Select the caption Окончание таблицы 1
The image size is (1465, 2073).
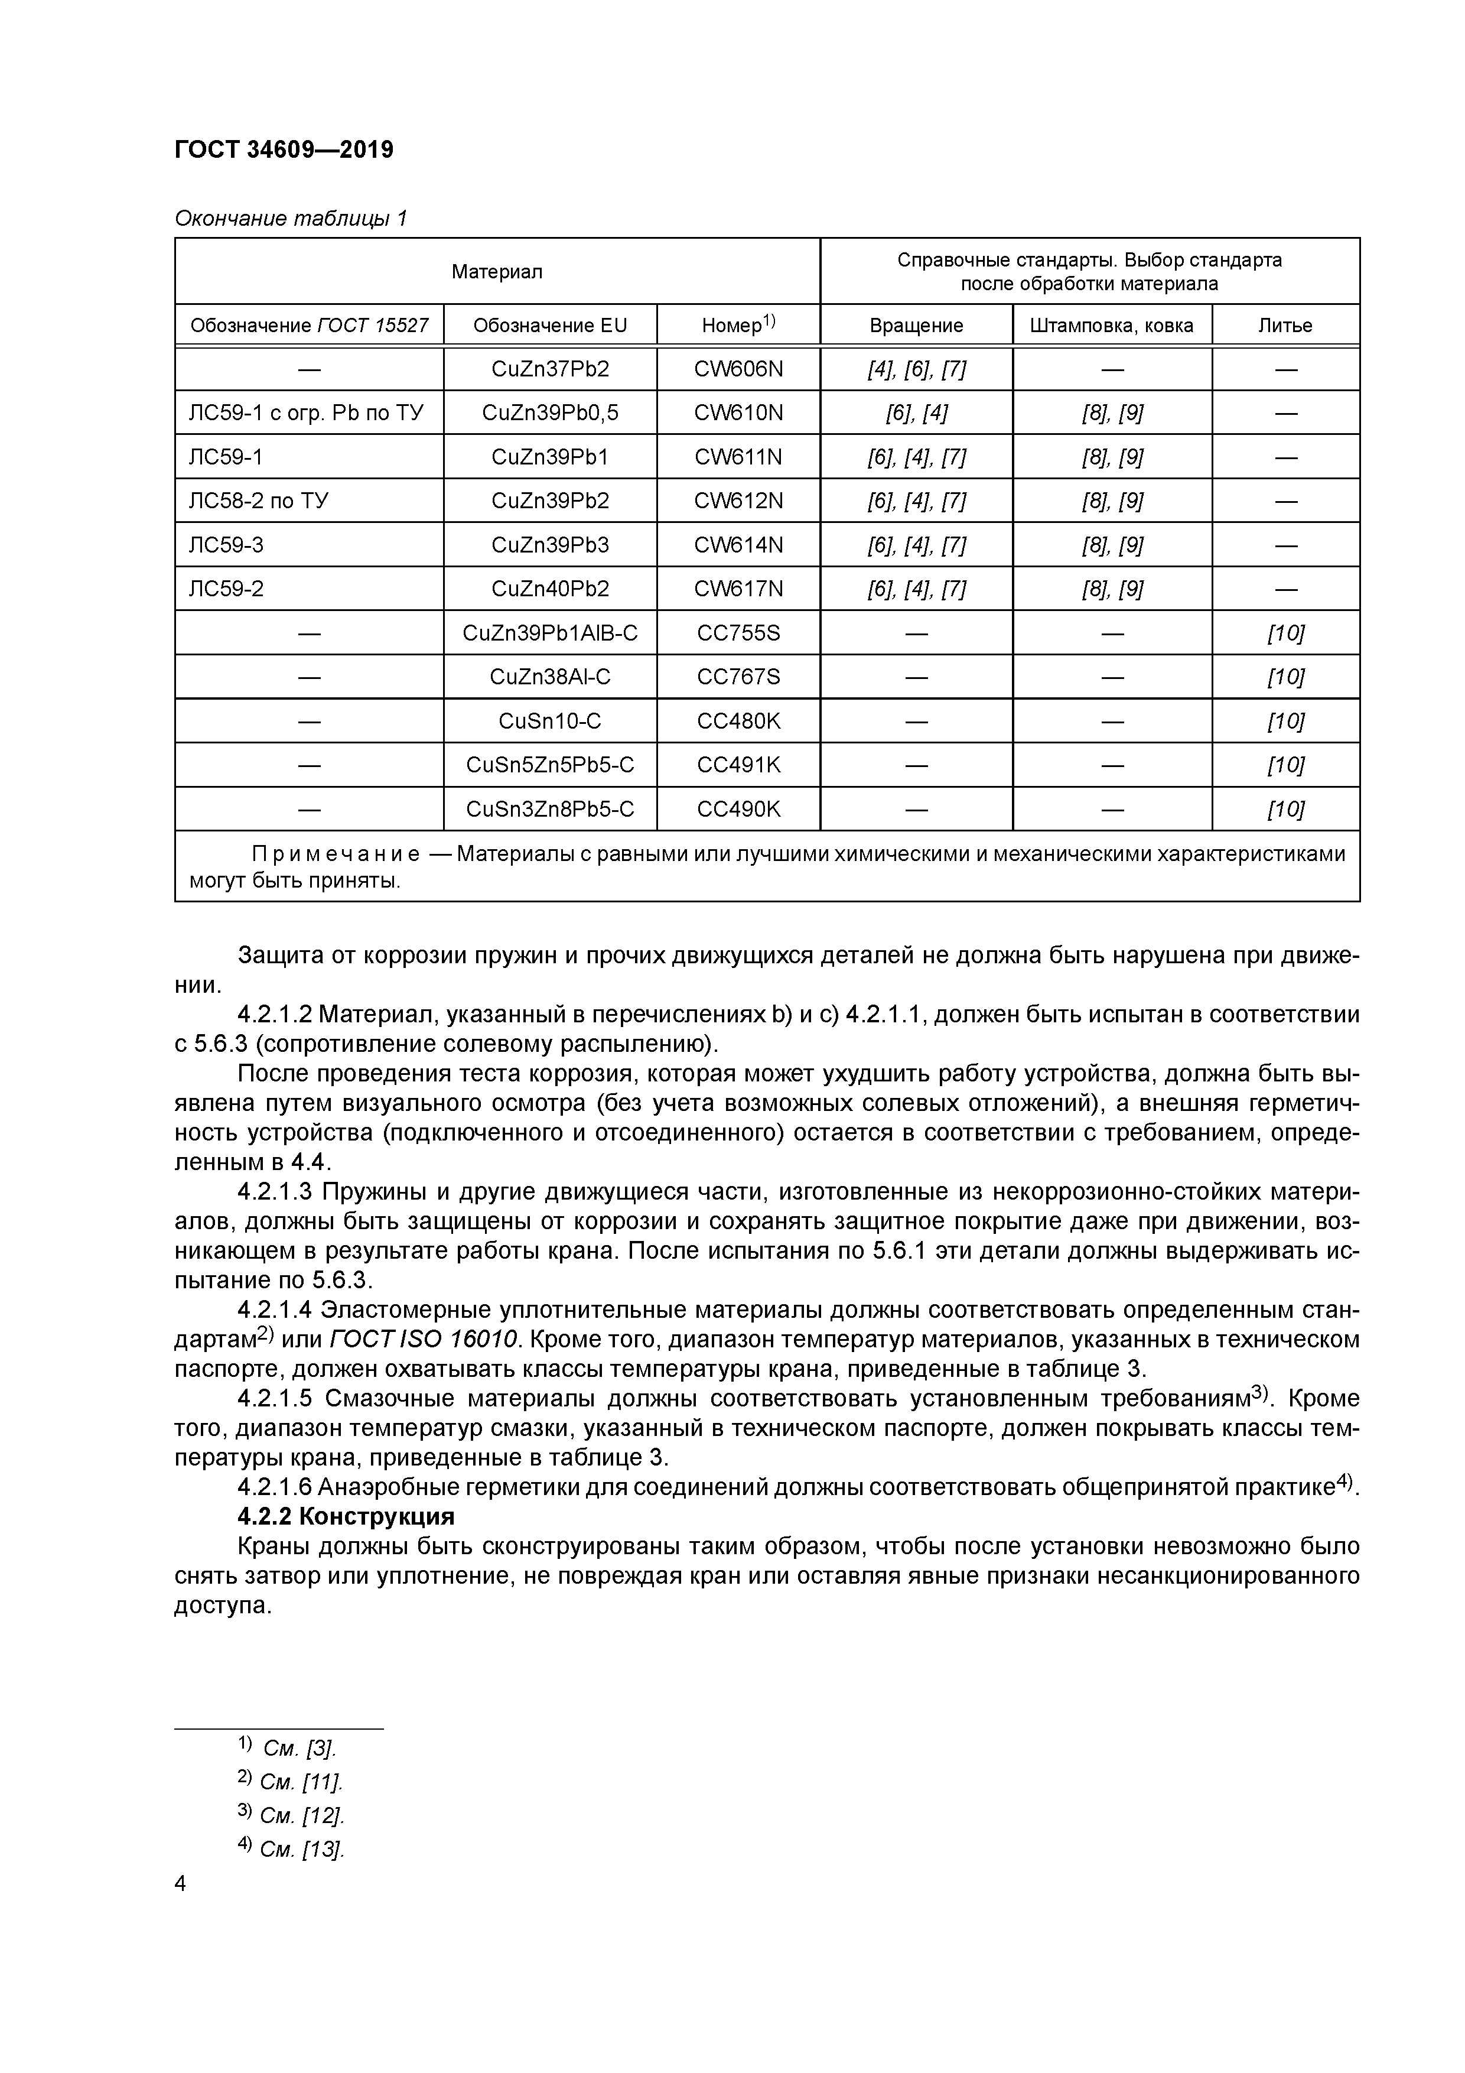click(291, 219)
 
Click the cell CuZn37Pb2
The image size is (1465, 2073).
click(550, 369)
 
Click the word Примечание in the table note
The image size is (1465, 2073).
click(335, 854)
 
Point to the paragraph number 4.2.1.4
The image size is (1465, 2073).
click(275, 1309)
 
